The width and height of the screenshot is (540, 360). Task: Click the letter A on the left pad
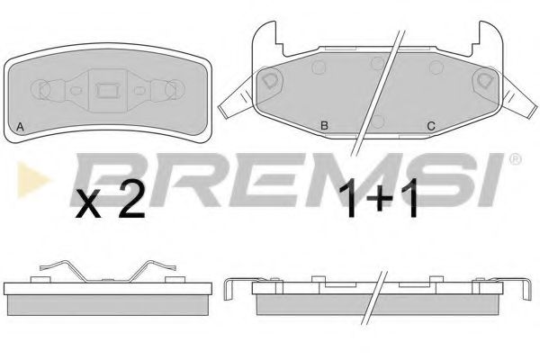coord(21,127)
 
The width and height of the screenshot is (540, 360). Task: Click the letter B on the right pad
coord(324,125)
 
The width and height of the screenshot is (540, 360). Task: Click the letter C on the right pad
coord(431,125)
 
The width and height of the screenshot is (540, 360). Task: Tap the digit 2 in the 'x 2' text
coord(130,202)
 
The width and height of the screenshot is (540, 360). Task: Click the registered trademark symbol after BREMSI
coord(515,160)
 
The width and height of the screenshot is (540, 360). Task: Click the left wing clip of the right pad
coord(233,99)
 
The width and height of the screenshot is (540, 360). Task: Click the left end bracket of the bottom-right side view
coord(229,288)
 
